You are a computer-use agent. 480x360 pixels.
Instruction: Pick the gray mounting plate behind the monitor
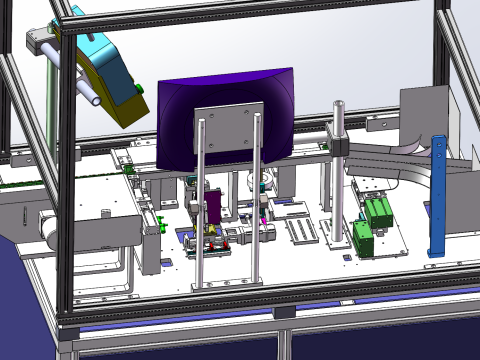[228, 131]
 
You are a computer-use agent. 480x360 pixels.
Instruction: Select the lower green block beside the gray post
[364, 239]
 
